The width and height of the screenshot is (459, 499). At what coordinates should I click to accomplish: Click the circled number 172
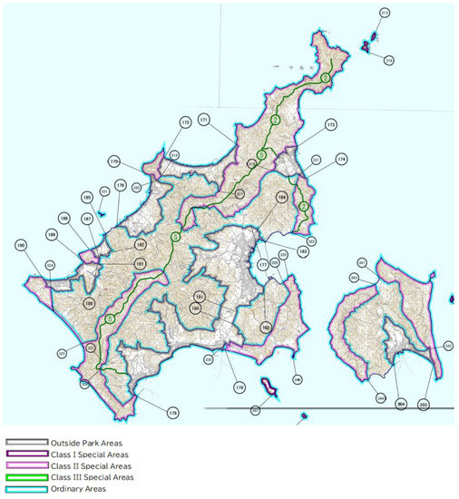(185, 122)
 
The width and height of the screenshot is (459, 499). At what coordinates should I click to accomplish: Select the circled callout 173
(331, 125)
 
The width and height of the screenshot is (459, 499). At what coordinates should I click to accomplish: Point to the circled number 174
(341, 159)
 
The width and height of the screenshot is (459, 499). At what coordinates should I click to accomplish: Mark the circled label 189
(52, 235)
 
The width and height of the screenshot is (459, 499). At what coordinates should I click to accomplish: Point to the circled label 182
(266, 327)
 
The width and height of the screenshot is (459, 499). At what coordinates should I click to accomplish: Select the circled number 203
(424, 404)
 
